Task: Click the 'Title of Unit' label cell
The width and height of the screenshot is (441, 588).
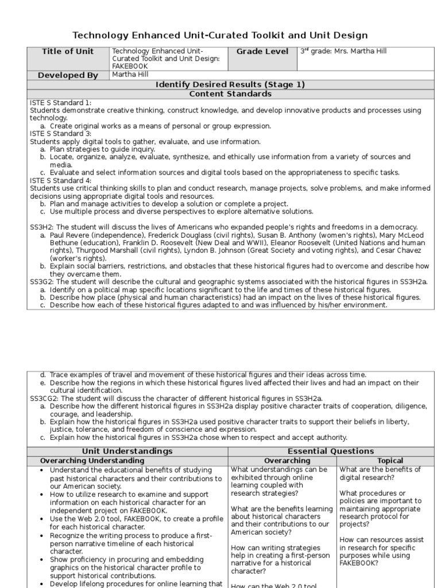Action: coord(68,52)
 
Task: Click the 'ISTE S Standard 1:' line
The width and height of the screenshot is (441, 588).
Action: coord(61,102)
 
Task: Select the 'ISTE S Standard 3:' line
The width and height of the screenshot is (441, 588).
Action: coord(61,134)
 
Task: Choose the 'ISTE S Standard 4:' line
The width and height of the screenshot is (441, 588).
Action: coord(61,180)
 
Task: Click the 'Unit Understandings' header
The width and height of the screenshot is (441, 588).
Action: coord(128,451)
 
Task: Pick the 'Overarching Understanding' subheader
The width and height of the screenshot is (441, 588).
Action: coord(92,461)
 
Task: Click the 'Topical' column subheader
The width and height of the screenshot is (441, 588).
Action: coord(390,461)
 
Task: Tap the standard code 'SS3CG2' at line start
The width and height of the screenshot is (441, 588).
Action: coord(44,397)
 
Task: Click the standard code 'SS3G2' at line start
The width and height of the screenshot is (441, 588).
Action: coord(42,281)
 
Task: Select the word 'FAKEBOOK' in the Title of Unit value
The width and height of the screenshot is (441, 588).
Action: coord(130,66)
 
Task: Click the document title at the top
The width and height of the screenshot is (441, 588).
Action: coord(220,36)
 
